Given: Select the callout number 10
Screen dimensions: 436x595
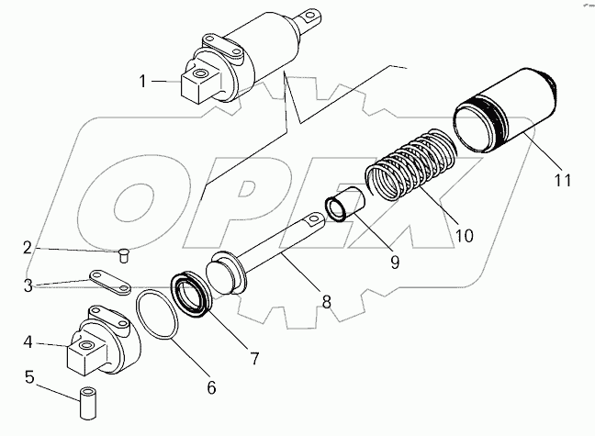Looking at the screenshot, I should [464, 235].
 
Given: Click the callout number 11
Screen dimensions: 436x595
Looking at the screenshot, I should [561, 180].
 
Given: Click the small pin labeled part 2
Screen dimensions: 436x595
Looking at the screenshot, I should [125, 254].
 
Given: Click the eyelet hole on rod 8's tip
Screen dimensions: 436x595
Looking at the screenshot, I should [316, 219].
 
